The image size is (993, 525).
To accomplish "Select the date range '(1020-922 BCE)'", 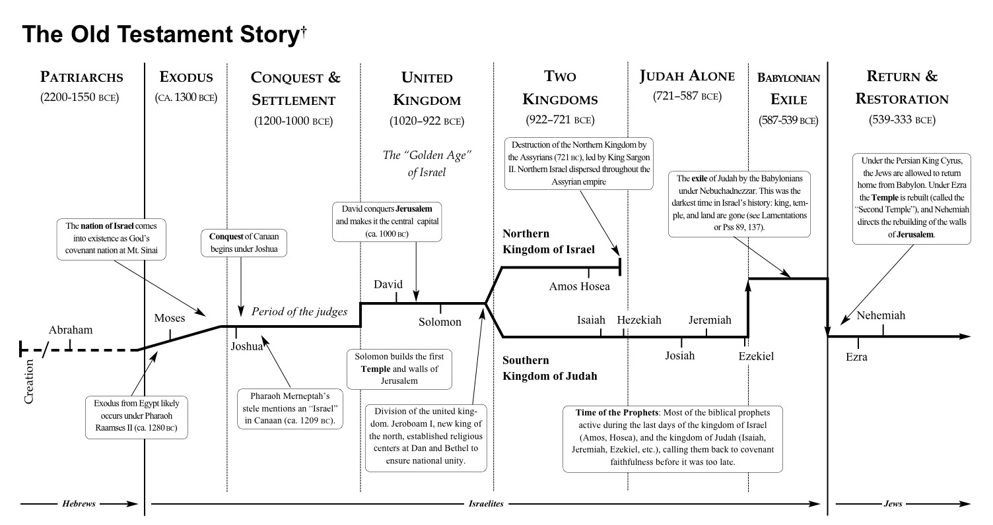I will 427,121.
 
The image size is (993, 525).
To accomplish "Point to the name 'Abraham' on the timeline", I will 71,330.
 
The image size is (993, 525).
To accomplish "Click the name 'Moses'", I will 170,319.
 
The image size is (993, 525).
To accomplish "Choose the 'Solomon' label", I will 440,322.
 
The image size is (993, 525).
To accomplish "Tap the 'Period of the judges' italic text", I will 298,312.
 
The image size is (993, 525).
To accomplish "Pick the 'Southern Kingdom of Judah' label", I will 549,369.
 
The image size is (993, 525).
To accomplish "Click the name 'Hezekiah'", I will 639,320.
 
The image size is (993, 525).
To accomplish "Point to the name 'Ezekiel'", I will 756,356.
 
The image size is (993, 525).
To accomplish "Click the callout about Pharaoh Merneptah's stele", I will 289,410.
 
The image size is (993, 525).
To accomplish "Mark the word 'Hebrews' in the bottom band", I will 79,503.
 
